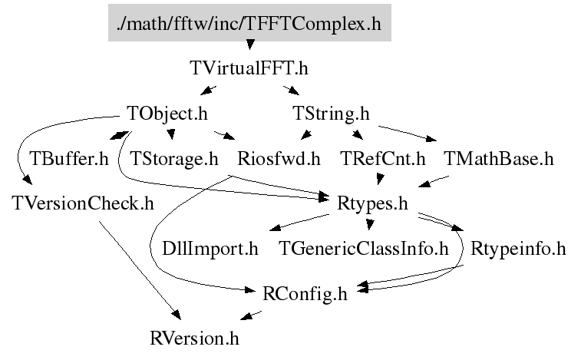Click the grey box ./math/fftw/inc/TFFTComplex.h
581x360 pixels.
pyautogui.click(x=249, y=23)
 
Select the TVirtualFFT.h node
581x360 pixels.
pyautogui.click(x=249, y=68)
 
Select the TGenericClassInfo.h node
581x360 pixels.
pyautogui.click(x=362, y=249)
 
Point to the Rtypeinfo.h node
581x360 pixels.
pyautogui.click(x=518, y=249)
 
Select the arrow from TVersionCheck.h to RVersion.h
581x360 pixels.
pyautogui.click(x=138, y=265)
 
